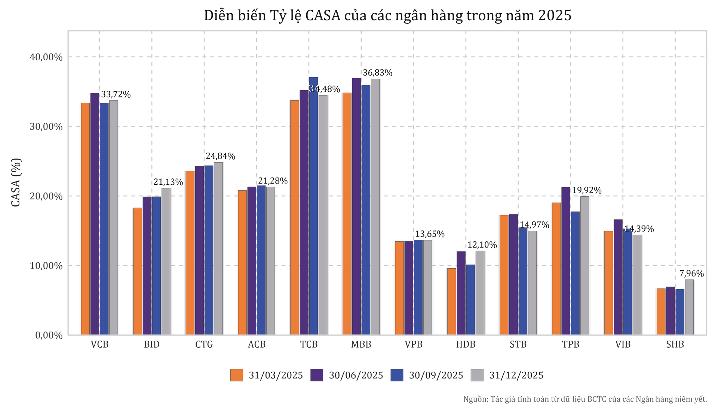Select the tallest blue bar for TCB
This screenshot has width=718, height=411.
pyautogui.click(x=313, y=206)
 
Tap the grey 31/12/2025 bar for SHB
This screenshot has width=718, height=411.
pyautogui.click(x=689, y=307)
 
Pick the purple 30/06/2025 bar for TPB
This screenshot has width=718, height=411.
pyautogui.click(x=566, y=261)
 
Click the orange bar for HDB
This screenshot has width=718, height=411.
pyautogui.click(x=452, y=301)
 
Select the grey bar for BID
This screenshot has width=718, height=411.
pyautogui.click(x=166, y=261)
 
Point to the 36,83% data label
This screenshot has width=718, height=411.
pyautogui.click(x=377, y=73)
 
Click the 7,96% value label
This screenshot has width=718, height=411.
pyautogui.click(x=691, y=274)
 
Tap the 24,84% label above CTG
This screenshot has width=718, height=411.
pyautogui.click(x=220, y=156)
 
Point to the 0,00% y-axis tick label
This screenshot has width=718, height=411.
pyautogui.click(x=49, y=335)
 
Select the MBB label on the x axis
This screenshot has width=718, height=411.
pyautogui.click(x=361, y=345)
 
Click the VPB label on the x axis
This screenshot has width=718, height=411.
pyautogui.click(x=413, y=345)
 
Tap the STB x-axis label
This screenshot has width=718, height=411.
pyautogui.click(x=518, y=345)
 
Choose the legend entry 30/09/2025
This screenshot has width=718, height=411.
pyautogui.click(x=436, y=375)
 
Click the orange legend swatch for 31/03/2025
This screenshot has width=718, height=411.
pyautogui.click(x=236, y=375)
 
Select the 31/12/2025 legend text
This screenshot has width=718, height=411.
pyautogui.click(x=516, y=375)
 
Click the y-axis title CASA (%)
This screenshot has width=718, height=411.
pyautogui.click(x=16, y=182)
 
